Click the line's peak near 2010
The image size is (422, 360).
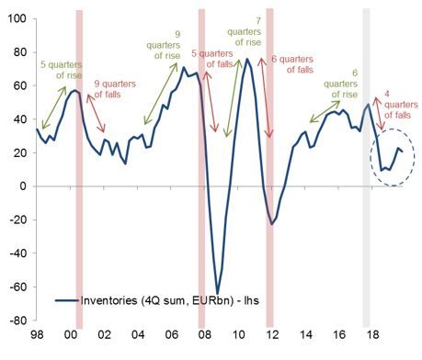pyautogui.click(x=247, y=59)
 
